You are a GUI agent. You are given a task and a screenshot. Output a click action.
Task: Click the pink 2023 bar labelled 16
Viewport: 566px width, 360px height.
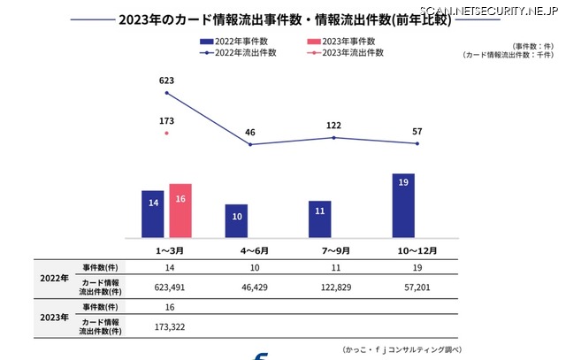(180, 211)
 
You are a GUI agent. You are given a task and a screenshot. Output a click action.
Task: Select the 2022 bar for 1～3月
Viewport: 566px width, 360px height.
(153, 213)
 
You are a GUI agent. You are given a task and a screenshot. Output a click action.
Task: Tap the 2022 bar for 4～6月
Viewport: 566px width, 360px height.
(236, 220)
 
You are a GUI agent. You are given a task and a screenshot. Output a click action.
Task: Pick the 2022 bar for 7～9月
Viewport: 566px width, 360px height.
(320, 218)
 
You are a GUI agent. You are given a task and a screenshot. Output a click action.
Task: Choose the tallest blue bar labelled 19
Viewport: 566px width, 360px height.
(403, 205)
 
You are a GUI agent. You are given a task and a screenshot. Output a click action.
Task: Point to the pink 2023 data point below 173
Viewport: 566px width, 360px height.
(166, 133)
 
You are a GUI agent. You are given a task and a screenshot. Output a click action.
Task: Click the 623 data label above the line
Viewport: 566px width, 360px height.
(166, 80)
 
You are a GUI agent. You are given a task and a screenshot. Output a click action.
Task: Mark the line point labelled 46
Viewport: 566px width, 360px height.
(250, 144)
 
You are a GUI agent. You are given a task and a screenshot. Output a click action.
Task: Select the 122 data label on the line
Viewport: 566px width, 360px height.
(333, 126)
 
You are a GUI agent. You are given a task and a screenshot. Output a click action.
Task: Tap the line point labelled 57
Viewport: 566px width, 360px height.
(417, 143)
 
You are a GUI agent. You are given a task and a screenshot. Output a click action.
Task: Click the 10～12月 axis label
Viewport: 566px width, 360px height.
(416, 250)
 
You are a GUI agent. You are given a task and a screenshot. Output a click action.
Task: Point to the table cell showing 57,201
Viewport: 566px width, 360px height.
(416, 287)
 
